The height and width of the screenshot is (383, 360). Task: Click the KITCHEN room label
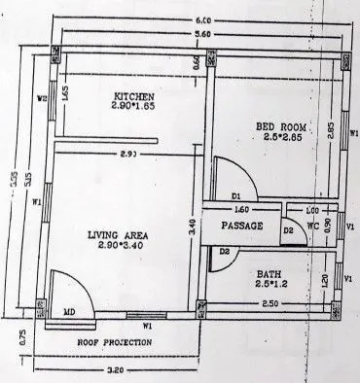click(134, 95)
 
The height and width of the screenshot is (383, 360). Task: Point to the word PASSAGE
click(242, 226)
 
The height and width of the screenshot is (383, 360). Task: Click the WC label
click(313, 226)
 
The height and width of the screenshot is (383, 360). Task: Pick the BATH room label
click(270, 273)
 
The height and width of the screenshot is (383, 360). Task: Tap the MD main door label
click(70, 312)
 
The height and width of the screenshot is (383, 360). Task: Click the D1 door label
click(235, 197)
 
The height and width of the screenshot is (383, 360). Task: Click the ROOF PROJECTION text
click(115, 343)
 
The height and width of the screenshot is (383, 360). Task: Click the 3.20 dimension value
click(118, 370)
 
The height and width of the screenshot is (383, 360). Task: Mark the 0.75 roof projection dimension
click(21, 338)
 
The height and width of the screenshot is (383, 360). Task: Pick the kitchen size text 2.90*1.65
click(134, 107)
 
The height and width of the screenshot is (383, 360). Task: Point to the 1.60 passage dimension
click(242, 209)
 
